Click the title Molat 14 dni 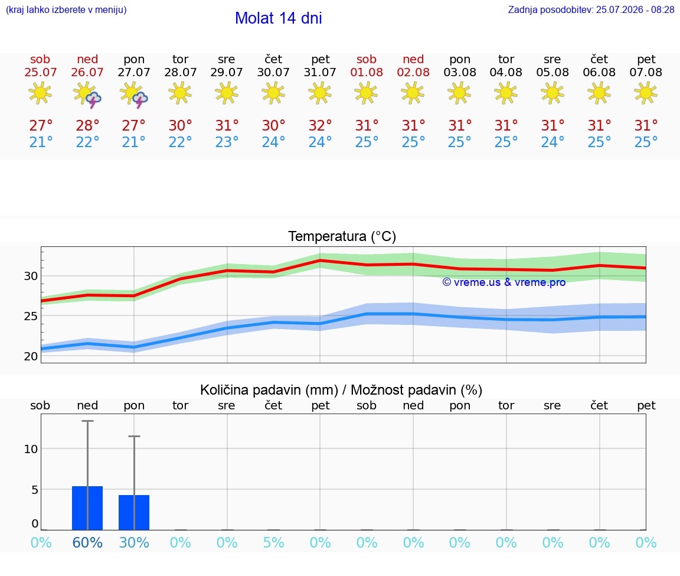click(279, 18)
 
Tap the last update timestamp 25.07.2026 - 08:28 click(635, 10)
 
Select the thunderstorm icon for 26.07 click(87, 94)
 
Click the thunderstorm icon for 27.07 click(134, 94)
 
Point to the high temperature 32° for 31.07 click(320, 125)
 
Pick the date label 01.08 click(367, 73)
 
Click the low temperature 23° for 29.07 click(227, 142)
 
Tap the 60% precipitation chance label click(87, 542)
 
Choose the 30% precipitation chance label click(134, 542)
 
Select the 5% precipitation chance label click(274, 542)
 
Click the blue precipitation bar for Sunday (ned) click(87, 508)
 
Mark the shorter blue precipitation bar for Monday click(134, 512)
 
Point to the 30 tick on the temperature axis click(31, 276)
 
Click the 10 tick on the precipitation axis click(31, 449)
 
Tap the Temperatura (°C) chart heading click(342, 236)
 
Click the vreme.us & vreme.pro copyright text click(504, 282)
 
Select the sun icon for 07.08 click(646, 93)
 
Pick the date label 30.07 click(273, 73)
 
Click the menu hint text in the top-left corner click(66, 10)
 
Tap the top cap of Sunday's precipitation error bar click(87, 421)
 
